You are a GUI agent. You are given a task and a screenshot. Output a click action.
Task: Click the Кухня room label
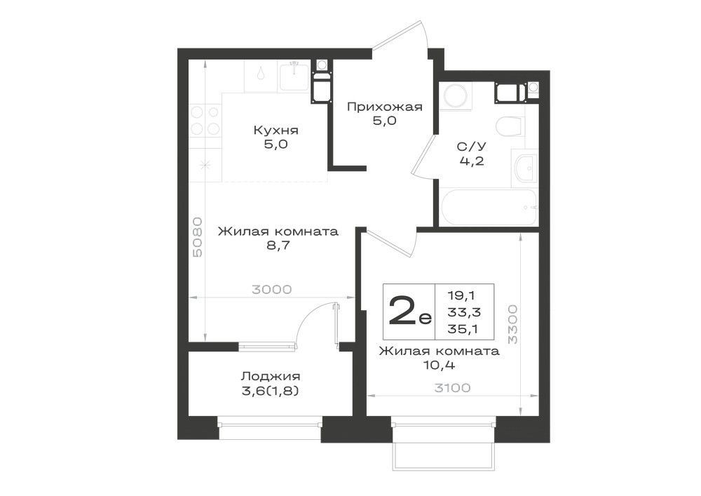pyautogui.click(x=275, y=130)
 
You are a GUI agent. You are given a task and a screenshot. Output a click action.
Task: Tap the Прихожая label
pyautogui.click(x=384, y=107)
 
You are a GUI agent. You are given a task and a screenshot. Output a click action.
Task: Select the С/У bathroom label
pyautogui.click(x=472, y=146)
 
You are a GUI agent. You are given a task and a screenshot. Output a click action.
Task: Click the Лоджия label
pyautogui.click(x=271, y=377)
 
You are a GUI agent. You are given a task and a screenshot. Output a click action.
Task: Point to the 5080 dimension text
pyautogui.click(x=198, y=237)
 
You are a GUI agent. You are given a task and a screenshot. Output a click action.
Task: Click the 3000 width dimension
pyautogui.click(x=271, y=289)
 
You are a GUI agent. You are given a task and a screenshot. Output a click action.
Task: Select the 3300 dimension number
pyautogui.click(x=512, y=324)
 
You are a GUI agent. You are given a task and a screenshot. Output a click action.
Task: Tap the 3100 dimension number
pyautogui.click(x=452, y=388)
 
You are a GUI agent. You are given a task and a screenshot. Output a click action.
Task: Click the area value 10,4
pyautogui.click(x=439, y=365)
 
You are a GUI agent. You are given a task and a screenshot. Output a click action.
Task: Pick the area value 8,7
pyautogui.click(x=278, y=246)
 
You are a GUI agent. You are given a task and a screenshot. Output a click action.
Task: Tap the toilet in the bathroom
pyautogui.click(x=509, y=126)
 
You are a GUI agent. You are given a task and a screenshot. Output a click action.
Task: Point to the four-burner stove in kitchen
pyautogui.click(x=205, y=120)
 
